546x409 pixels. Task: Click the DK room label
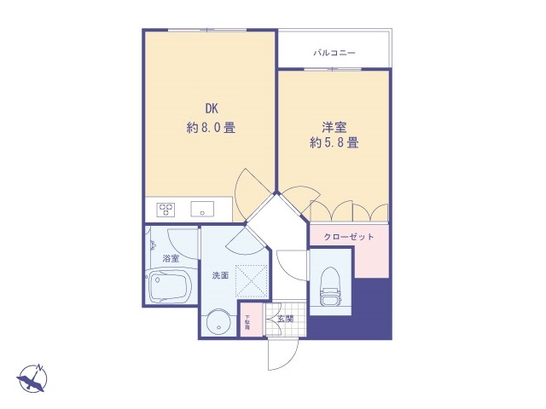[x=210, y=109]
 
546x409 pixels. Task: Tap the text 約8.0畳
[x=211, y=128]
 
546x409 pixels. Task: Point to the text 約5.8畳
[x=334, y=143]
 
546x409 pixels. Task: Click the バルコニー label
[x=334, y=53]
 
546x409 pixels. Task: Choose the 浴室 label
[x=171, y=258]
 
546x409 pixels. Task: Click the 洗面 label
[x=221, y=275]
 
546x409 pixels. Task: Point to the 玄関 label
[x=284, y=319]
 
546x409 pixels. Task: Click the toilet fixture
[x=328, y=285]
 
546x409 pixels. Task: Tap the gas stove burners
[x=166, y=207]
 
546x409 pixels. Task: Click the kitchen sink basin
[x=202, y=207]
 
